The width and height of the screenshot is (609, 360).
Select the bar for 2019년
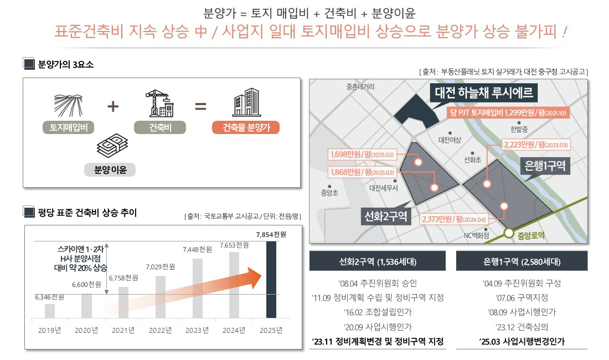[x=50, y=311]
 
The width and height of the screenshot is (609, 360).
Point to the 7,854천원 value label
[x=271, y=234]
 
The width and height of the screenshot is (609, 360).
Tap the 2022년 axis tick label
[x=161, y=330]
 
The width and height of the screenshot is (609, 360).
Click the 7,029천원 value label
[x=161, y=267]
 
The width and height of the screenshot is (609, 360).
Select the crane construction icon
[x=159, y=103]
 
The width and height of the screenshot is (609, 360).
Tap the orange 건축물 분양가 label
[x=246, y=128]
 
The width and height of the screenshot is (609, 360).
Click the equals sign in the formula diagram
[x=200, y=105]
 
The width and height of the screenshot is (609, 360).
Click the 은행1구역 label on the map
[x=545, y=166]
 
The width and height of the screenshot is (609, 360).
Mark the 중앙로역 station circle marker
[x=508, y=234]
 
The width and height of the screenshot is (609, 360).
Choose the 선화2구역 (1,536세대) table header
[x=378, y=261]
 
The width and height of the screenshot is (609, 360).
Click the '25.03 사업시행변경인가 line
[x=522, y=342]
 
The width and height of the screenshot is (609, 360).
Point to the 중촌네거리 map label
[x=360, y=87]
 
